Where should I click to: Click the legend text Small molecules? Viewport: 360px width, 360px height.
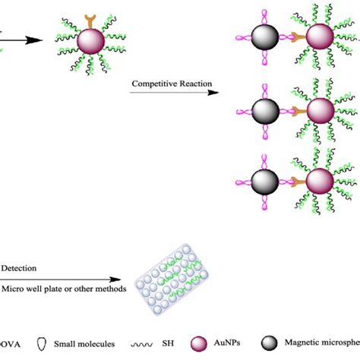(x=86, y=343)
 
